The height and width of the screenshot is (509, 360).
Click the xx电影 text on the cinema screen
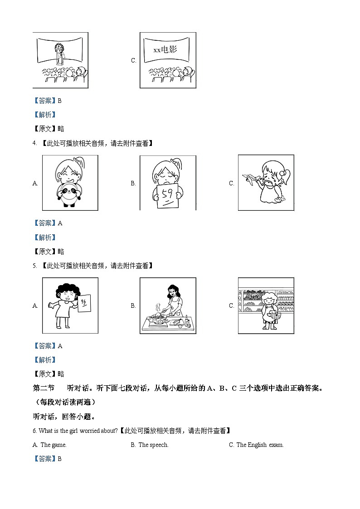[x=165, y=50]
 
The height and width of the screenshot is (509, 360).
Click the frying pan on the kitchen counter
[x=158, y=317]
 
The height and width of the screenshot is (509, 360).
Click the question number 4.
[x=34, y=143]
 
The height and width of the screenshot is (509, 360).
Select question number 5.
[x=34, y=266]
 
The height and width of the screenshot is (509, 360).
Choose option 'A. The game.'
[x=50, y=445]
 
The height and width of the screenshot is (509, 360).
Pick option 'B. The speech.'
[x=150, y=445]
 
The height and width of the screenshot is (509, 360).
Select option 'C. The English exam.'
[x=257, y=445]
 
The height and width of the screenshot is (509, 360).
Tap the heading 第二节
[x=44, y=388]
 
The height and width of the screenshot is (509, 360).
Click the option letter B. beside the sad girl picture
[x=133, y=183]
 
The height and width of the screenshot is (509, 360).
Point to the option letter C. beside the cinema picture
[x=133, y=60]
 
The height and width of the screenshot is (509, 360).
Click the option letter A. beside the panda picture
[x=35, y=183]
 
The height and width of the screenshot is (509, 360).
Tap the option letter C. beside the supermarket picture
[x=232, y=305]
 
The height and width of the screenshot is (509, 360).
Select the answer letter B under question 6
[x=59, y=459]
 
